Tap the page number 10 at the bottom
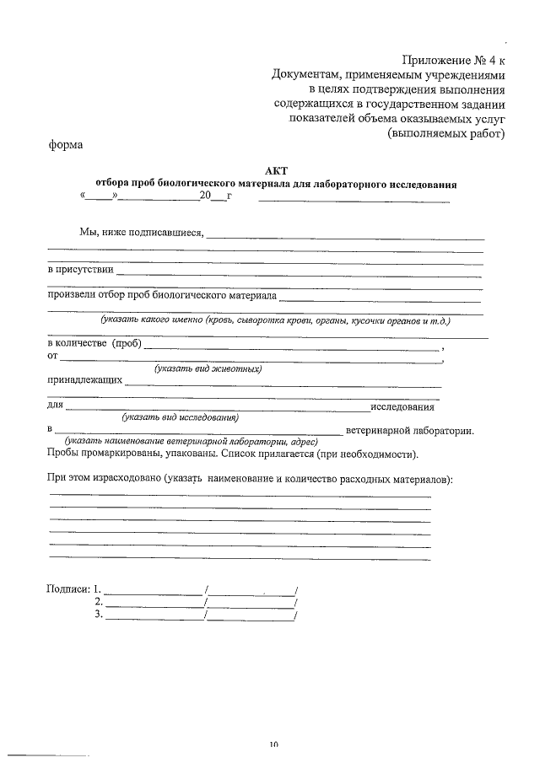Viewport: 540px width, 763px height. click(x=274, y=744)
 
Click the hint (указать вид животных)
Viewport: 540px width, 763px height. click(x=208, y=368)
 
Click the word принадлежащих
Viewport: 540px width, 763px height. click(x=84, y=380)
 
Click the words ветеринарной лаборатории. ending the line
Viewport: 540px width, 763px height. click(x=409, y=431)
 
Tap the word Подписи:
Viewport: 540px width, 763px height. click(x=68, y=588)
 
